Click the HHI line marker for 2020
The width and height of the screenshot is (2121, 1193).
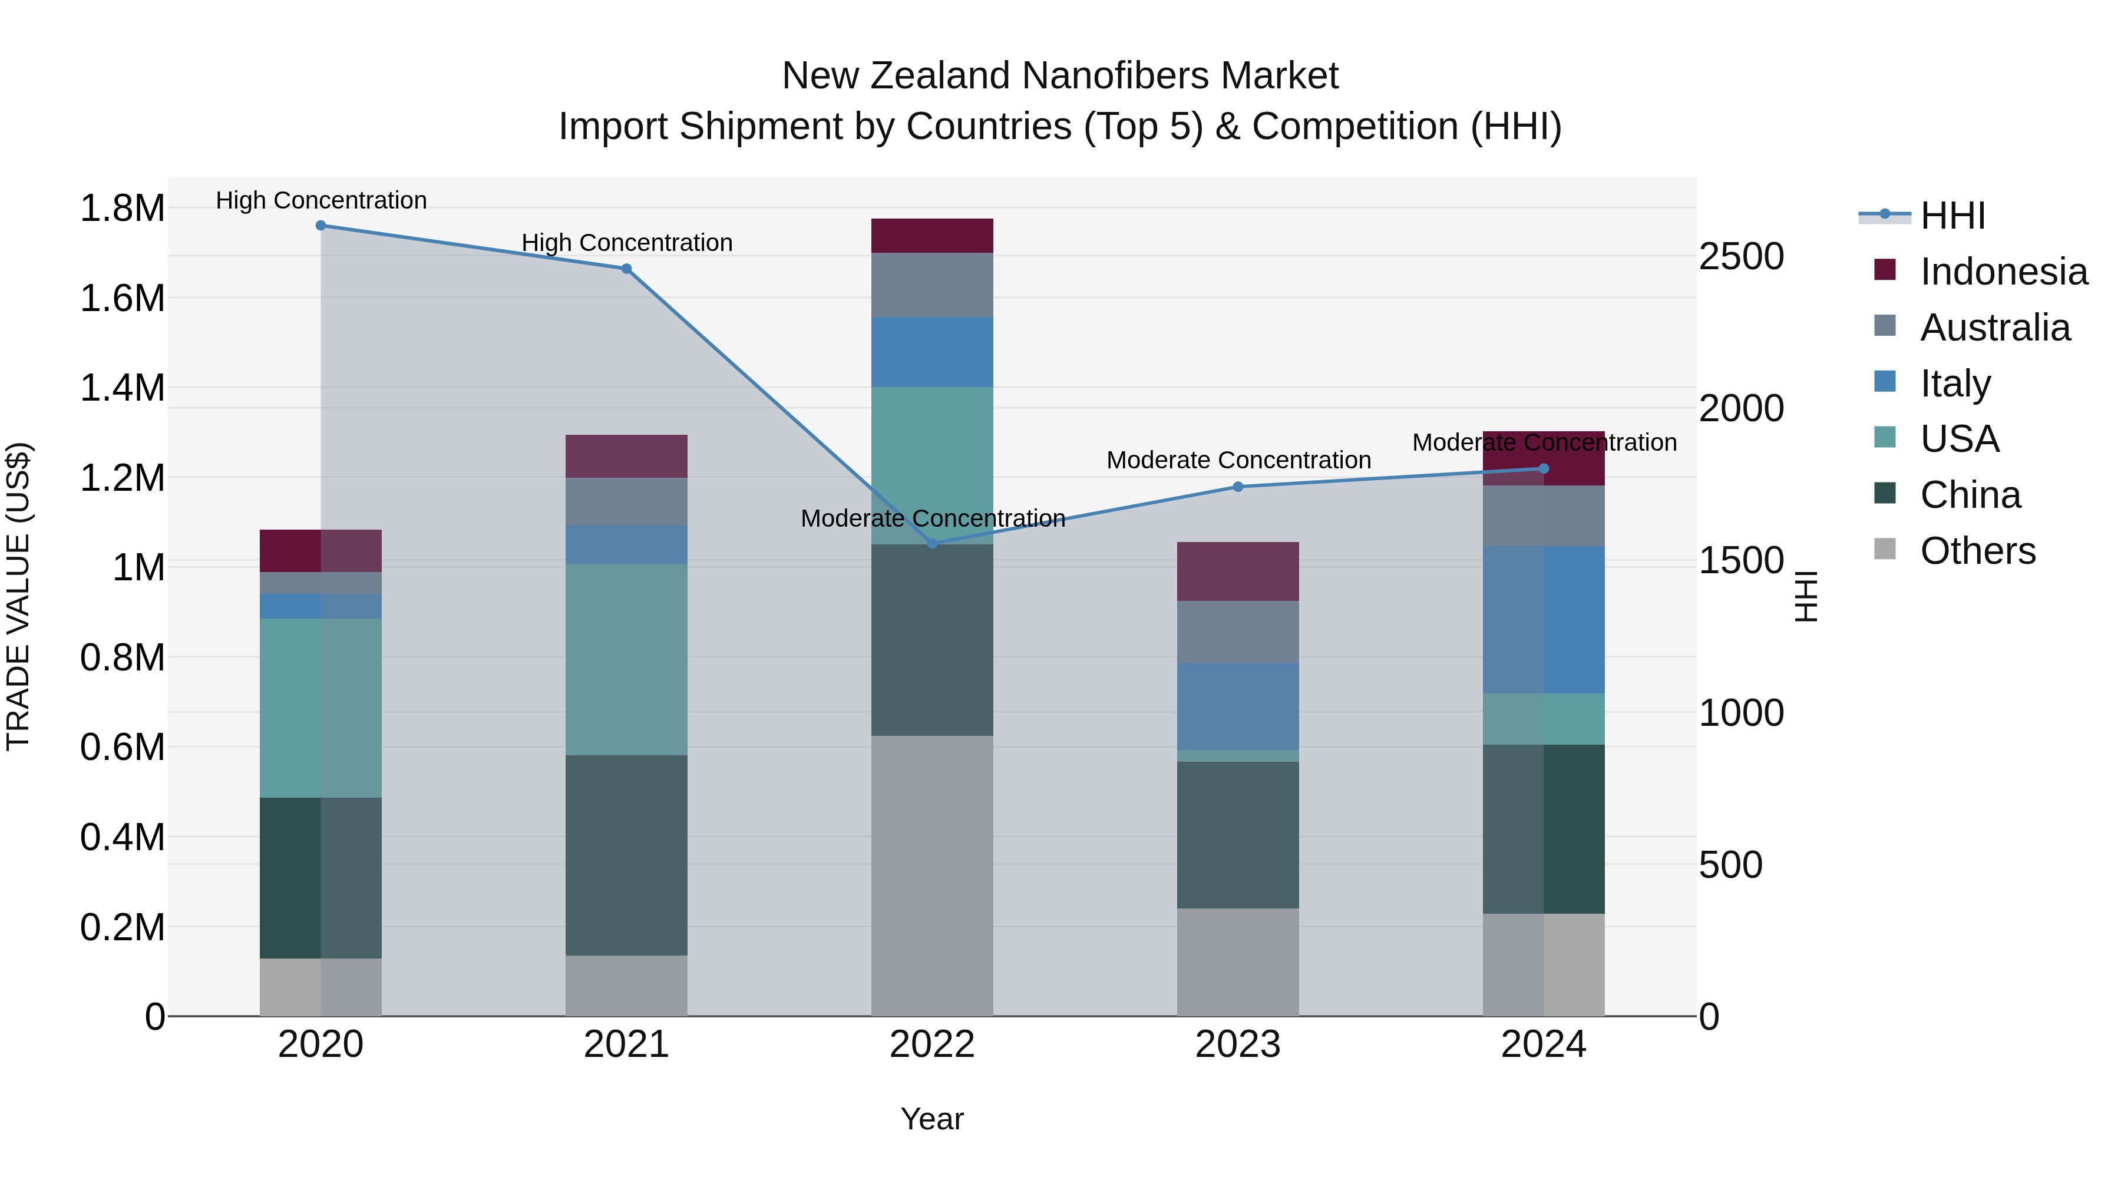[321, 226]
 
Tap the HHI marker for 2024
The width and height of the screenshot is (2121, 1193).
[1544, 470]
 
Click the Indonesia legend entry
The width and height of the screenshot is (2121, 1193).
[2003, 272]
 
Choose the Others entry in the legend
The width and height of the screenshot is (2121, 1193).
[1978, 551]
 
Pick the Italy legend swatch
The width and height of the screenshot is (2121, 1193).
[1885, 382]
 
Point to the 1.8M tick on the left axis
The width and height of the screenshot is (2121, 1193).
[123, 209]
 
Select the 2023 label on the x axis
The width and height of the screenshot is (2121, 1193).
[1237, 1045]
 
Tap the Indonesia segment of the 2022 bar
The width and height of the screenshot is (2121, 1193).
[932, 236]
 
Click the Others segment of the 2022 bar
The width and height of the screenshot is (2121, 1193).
[932, 875]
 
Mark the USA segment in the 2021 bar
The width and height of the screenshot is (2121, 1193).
[627, 659]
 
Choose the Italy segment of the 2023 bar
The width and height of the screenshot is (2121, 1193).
[1237, 706]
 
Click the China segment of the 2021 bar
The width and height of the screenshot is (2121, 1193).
[627, 855]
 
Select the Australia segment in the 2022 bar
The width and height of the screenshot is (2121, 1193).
[932, 285]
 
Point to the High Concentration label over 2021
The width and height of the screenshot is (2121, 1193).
[627, 243]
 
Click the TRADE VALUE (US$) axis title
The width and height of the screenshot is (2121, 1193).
[18, 596]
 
